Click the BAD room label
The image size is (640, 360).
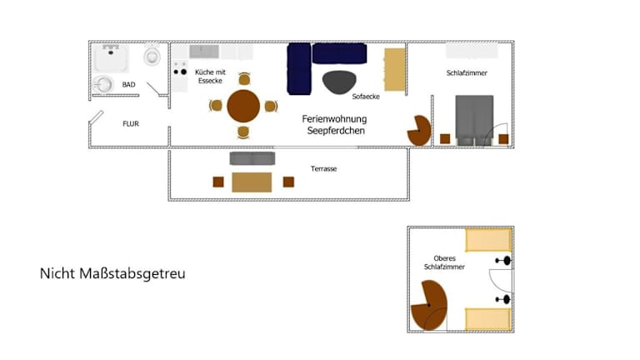tap(128, 84)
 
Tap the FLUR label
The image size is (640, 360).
tap(131, 123)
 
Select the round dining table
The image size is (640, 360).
tap(243, 106)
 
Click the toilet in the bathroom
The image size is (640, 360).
tap(152, 56)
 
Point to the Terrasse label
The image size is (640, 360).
tap(323, 168)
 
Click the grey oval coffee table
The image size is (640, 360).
tap(339, 82)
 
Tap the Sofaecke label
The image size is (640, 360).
tap(366, 97)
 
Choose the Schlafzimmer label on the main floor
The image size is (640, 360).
tap(467, 73)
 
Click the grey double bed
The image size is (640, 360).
tap(474, 120)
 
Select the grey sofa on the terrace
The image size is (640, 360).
tap(252, 158)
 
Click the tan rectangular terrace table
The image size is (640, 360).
tap(252, 182)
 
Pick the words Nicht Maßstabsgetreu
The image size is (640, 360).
tap(112, 273)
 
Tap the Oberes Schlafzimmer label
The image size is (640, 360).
tap(444, 262)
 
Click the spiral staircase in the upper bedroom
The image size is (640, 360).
tap(429, 305)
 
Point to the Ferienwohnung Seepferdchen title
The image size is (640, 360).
tap(335, 124)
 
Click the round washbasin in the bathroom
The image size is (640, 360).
tap(102, 84)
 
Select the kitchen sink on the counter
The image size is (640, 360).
tap(204, 52)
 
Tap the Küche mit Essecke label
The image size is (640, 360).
tap(210, 77)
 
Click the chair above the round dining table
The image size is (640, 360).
tap(244, 79)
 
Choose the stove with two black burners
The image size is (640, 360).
tap(180, 72)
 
